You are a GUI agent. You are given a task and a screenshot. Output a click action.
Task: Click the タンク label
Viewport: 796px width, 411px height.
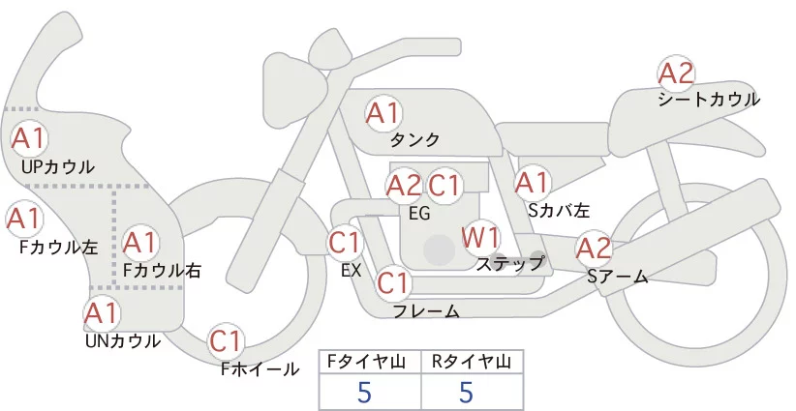[x=416, y=139]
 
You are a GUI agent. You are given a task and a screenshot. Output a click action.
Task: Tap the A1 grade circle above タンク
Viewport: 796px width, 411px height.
[x=383, y=113]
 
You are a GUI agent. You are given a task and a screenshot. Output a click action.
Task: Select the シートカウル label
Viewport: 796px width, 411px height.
[x=709, y=99]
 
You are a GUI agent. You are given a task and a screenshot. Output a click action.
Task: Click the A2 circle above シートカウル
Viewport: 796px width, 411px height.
[x=676, y=73]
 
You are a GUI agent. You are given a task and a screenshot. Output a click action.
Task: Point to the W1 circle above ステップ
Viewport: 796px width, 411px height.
[x=480, y=237]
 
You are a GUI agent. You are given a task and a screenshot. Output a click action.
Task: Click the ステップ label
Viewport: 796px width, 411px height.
[x=510, y=262]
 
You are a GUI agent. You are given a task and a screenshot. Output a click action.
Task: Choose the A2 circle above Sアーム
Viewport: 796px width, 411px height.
[x=594, y=249]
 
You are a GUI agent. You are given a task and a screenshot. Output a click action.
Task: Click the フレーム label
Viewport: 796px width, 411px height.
[x=427, y=310]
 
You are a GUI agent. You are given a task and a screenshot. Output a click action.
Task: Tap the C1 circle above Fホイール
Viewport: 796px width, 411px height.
[x=228, y=341]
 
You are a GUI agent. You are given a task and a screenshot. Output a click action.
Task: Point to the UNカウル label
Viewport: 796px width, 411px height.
[x=123, y=339]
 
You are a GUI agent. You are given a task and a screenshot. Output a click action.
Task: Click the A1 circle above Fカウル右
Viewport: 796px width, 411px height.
[x=140, y=241]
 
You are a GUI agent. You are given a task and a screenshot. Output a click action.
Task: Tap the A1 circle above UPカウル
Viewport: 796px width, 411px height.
[x=28, y=138]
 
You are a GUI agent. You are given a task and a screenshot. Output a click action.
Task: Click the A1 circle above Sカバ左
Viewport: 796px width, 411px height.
[x=532, y=182]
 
